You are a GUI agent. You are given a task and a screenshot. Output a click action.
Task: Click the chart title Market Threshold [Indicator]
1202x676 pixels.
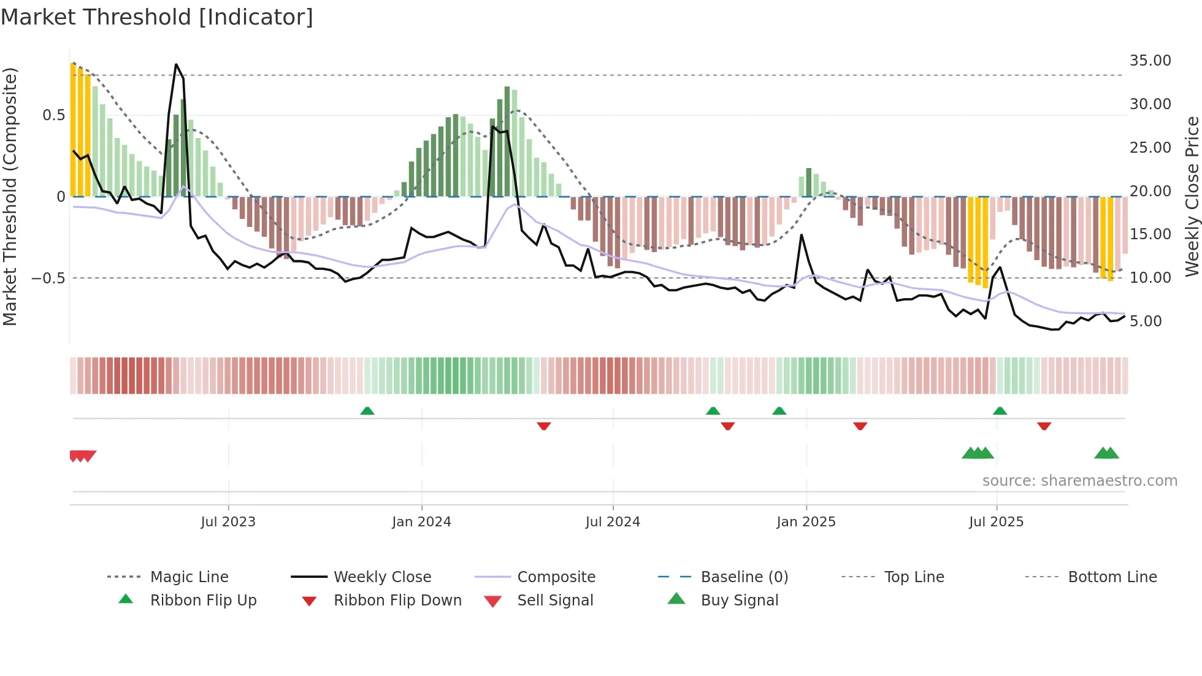pyautogui.click(x=157, y=17)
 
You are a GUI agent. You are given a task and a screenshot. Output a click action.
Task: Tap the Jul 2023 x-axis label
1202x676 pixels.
pyautogui.click(x=228, y=522)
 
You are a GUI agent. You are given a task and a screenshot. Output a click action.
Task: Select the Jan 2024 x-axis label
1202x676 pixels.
pyautogui.click(x=421, y=522)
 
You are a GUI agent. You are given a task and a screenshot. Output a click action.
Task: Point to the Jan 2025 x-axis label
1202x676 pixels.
pyautogui.click(x=806, y=522)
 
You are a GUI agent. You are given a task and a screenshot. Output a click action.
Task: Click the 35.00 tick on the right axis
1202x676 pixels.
pyautogui.click(x=1150, y=61)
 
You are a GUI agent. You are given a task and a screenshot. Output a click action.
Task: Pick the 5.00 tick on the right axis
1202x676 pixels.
pyautogui.click(x=1146, y=321)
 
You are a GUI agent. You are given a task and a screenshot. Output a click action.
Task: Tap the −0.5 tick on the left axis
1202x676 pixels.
pyautogui.click(x=48, y=278)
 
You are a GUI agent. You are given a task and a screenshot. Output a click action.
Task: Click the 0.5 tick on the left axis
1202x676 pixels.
pyautogui.click(x=53, y=115)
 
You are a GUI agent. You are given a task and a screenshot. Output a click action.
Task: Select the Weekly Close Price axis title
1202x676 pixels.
pyautogui.click(x=1192, y=196)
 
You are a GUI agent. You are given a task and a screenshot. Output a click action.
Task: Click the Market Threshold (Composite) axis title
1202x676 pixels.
pyautogui.click(x=10, y=196)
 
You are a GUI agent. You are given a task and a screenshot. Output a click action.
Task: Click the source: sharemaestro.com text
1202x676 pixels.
pyautogui.click(x=1079, y=481)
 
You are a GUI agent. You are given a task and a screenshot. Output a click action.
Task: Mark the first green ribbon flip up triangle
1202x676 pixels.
pyautogui.click(x=367, y=411)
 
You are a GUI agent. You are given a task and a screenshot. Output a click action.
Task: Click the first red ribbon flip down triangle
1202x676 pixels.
pyautogui.click(x=543, y=426)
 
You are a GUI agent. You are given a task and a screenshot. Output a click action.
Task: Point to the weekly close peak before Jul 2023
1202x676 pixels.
pyautogui.click(x=176, y=64)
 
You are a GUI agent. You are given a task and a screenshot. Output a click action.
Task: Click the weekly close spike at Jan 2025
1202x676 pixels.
pyautogui.click(x=801, y=235)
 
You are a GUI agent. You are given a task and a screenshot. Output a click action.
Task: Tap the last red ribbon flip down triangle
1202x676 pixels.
pyautogui.click(x=1044, y=426)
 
